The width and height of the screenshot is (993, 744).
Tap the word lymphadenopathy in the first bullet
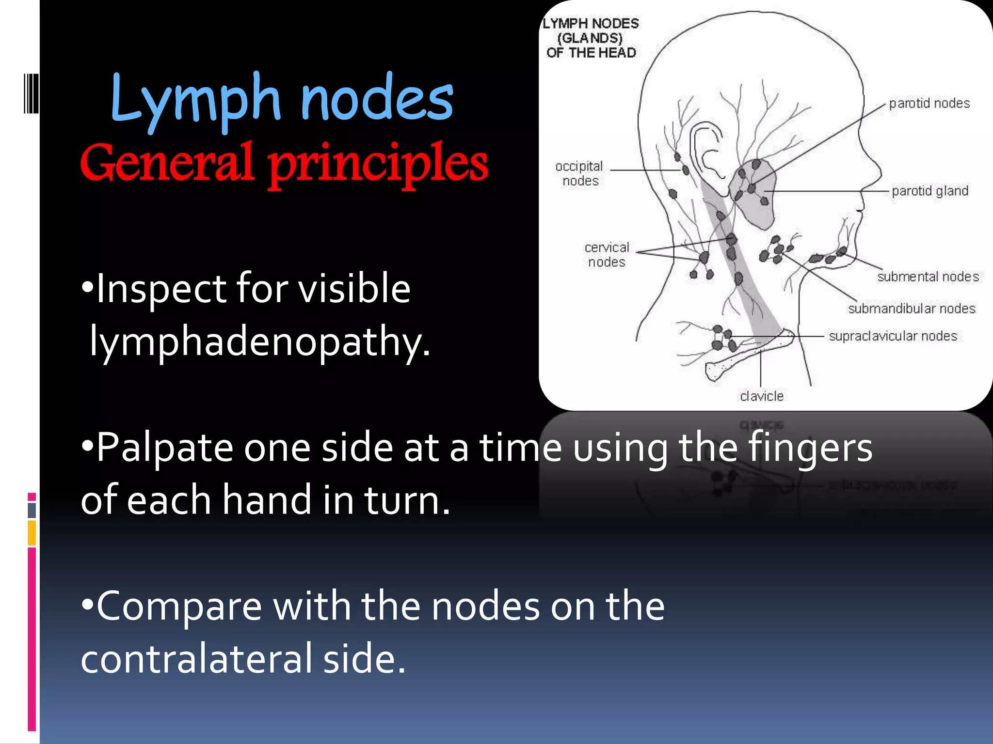point(260,341)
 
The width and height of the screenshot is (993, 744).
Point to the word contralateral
point(197,659)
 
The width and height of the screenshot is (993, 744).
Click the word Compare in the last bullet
point(179,606)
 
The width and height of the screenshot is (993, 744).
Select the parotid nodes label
point(929,103)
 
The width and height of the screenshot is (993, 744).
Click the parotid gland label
point(929,191)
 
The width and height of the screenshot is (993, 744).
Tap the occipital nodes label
point(579,173)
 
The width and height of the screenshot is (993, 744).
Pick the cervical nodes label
point(606,255)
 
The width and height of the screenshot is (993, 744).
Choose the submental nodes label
point(928,277)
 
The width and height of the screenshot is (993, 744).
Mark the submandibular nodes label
point(911,309)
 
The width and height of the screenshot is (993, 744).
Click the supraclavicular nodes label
point(893,336)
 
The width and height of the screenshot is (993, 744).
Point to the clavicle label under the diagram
point(761,396)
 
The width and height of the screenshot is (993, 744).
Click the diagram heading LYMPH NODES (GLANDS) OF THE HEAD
point(591,38)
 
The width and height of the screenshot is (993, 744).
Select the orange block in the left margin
point(32,533)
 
